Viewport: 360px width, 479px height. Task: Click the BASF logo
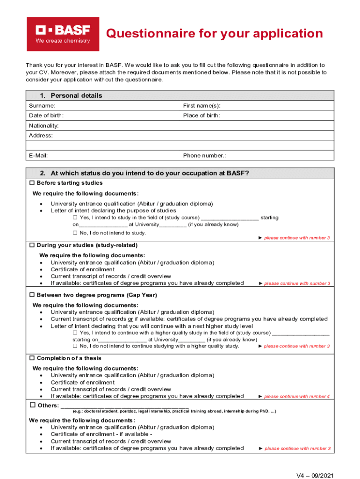pyautogui.click(x=63, y=34)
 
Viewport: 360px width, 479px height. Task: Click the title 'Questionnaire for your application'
pyautogui.click(x=214, y=34)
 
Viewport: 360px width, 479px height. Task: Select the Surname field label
pyautogui.click(x=42, y=106)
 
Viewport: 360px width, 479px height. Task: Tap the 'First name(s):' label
pyautogui.click(x=202, y=106)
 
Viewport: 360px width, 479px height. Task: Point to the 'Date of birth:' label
pyautogui.click(x=46, y=116)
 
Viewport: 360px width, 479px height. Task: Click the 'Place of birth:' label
pyautogui.click(x=202, y=116)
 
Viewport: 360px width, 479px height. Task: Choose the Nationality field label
pyautogui.click(x=43, y=126)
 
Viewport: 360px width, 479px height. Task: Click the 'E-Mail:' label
pyautogui.click(x=38, y=155)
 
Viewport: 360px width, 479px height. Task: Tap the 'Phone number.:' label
pyautogui.click(x=205, y=155)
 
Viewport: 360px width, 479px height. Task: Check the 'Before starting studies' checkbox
pyautogui.click(x=32, y=183)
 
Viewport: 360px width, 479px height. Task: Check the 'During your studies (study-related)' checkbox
pyautogui.click(x=32, y=245)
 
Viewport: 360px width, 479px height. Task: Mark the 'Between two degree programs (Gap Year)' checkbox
pyautogui.click(x=32, y=295)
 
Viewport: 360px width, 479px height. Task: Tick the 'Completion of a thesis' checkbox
pyautogui.click(x=32, y=358)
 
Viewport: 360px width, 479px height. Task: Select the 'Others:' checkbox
pyautogui.click(x=33, y=405)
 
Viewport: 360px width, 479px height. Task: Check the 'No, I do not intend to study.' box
pyautogui.click(x=75, y=233)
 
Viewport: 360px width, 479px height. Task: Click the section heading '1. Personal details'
pyautogui.click(x=71, y=95)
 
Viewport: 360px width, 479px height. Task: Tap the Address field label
pyautogui.click(x=41, y=136)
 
